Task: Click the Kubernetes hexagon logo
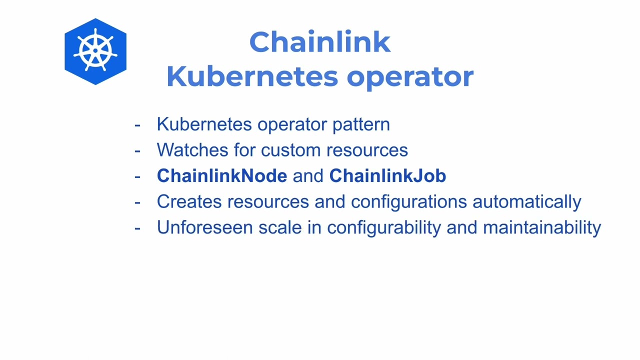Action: tap(95, 51)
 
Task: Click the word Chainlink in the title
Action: tap(319, 42)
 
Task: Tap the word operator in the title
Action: tap(410, 76)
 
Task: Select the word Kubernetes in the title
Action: tap(252, 76)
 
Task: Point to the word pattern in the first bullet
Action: tap(361, 124)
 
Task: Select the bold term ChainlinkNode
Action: tap(221, 176)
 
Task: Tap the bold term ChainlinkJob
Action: tap(387, 176)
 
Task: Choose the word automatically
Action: tap(526, 201)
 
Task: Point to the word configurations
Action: tap(408, 201)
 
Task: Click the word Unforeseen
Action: tap(204, 227)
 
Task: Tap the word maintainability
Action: tap(541, 227)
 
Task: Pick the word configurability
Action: tap(383, 227)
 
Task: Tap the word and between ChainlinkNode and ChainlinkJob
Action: tap(308, 176)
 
